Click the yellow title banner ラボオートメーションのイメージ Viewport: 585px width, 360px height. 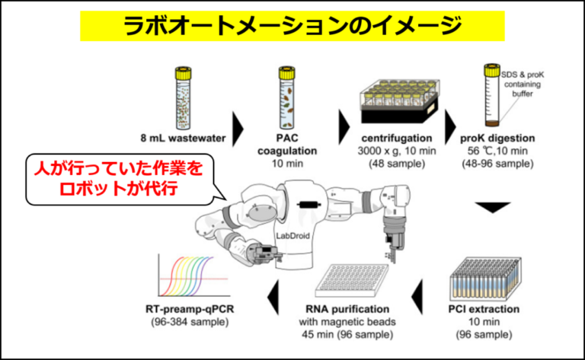click(x=292, y=26)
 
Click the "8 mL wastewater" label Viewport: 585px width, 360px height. click(x=183, y=139)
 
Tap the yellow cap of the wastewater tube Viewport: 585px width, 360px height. click(x=183, y=73)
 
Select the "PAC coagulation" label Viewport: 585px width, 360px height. click(x=287, y=145)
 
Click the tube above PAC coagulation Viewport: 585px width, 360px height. click(x=287, y=98)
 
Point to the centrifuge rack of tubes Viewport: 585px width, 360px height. click(x=400, y=101)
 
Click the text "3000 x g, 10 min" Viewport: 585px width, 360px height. click(x=397, y=151)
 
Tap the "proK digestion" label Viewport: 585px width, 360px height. click(x=497, y=139)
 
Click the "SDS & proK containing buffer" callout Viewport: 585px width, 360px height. click(x=523, y=84)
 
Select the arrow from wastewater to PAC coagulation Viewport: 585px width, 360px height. click(x=238, y=129)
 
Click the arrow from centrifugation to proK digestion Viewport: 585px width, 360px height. click(x=450, y=127)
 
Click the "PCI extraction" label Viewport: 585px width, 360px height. click(x=484, y=309)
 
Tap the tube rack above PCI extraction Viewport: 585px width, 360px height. click(x=485, y=279)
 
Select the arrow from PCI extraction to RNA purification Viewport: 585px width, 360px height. click(x=417, y=297)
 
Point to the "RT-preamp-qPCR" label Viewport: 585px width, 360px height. click(x=190, y=309)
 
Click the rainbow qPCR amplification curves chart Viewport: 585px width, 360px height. click(x=193, y=276)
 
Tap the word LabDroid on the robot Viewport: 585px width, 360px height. click(x=292, y=236)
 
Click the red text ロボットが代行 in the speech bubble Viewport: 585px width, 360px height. click(x=119, y=189)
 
